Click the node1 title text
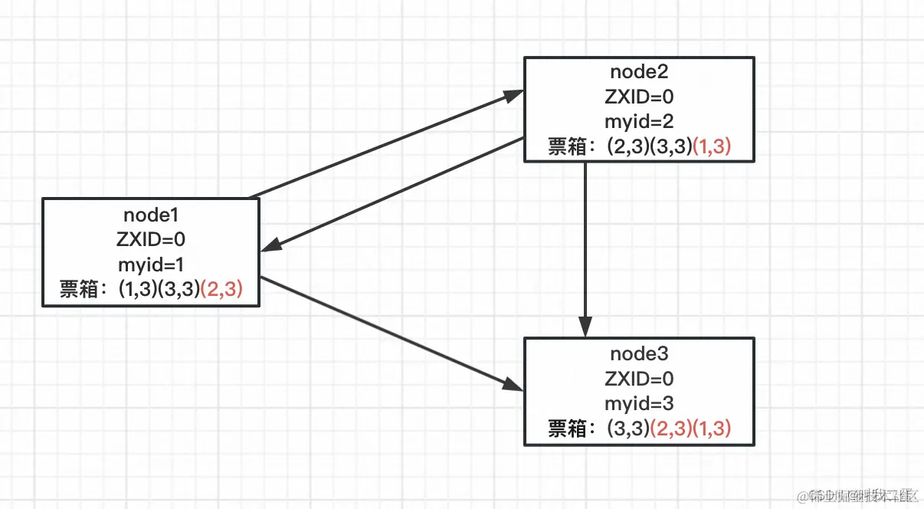point(150,215)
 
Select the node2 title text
point(639,72)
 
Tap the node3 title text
point(639,353)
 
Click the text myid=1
point(150,264)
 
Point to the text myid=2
point(639,122)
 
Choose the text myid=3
point(639,403)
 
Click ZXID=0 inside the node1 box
point(150,240)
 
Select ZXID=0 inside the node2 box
point(639,97)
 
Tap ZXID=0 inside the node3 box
point(639,379)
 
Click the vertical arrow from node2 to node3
point(585,245)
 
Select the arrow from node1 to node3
point(391,333)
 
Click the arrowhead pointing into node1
point(270,248)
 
